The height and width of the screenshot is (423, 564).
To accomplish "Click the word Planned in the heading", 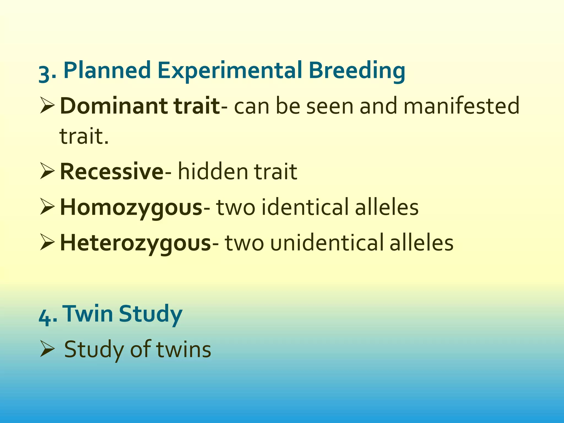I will [x=107, y=70].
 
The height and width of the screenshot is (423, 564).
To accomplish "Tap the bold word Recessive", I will [x=112, y=172].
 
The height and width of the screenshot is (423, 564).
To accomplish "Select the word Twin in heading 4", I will [x=88, y=314].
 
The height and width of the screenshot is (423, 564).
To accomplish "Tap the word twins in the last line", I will [x=183, y=349].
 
